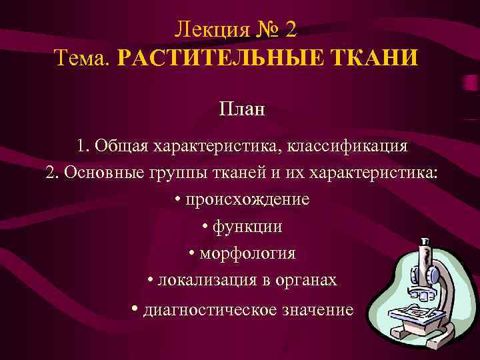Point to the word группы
click(176, 173)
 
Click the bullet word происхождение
click(247, 199)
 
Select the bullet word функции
click(247, 227)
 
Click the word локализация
click(207, 281)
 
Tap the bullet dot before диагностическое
click(135, 309)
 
